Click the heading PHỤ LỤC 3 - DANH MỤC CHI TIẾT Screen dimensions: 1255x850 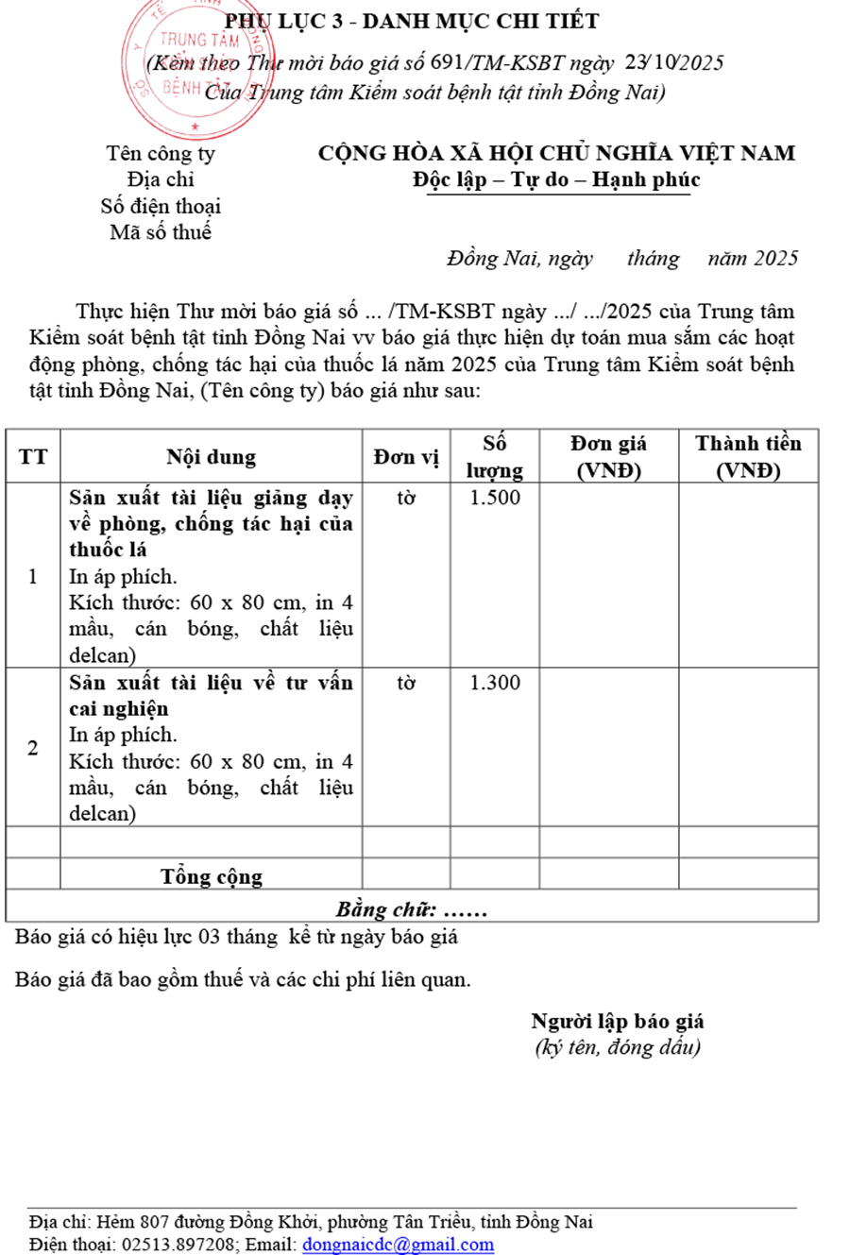(411, 21)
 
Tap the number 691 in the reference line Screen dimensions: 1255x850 (443, 63)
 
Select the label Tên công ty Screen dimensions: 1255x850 (161, 153)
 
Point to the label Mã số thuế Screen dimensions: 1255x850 (161, 231)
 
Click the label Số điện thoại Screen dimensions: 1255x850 (161, 205)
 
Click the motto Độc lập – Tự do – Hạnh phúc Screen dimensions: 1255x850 (556, 179)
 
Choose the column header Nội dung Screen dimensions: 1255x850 (212, 457)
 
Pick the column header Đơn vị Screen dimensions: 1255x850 (406, 457)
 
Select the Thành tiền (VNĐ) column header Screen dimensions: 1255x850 (748, 456)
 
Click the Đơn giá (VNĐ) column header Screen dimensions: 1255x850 (609, 456)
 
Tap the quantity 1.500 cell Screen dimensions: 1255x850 (496, 498)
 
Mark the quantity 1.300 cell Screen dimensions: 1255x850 (496, 682)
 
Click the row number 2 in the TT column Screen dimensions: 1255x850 (33, 749)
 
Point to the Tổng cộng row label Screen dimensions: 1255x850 (212, 875)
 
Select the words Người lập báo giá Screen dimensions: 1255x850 (618, 1021)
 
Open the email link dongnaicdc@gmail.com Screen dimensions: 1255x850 (398, 1244)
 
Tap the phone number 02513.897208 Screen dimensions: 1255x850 (179, 1244)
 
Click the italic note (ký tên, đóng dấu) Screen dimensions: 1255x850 (618, 1046)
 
